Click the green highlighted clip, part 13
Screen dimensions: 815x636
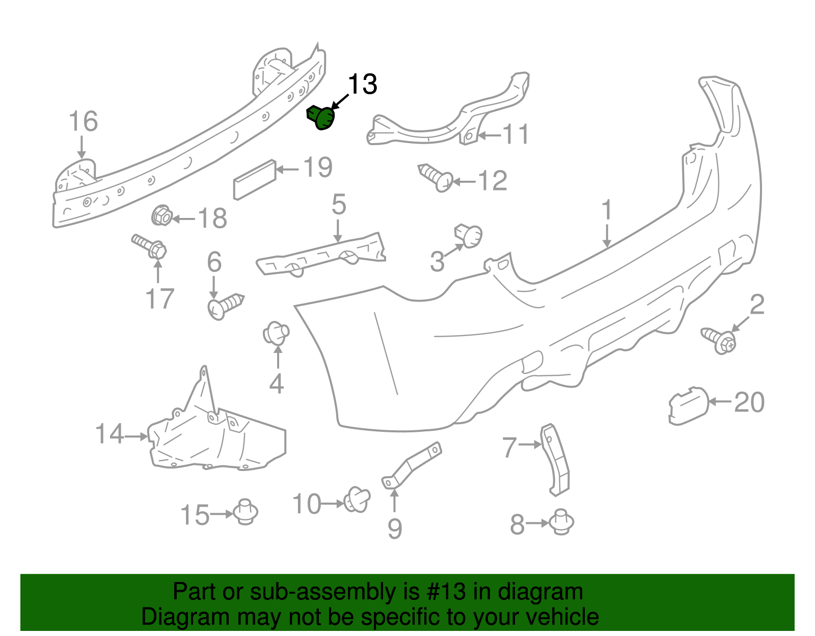(321, 118)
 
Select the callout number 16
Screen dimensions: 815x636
(83, 121)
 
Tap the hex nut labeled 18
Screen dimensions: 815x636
(161, 215)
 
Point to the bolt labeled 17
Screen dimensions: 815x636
(149, 246)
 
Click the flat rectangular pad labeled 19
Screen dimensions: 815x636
(255, 180)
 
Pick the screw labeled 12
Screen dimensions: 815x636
(436, 178)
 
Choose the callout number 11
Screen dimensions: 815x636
(515, 134)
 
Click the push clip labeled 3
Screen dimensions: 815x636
(468, 235)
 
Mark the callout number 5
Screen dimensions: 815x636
(339, 204)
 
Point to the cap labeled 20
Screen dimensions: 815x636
(689, 405)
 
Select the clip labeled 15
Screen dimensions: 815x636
(246, 512)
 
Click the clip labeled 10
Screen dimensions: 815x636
(357, 499)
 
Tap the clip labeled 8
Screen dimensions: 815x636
(561, 521)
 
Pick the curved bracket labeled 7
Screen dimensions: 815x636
(556, 460)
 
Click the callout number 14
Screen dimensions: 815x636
(110, 434)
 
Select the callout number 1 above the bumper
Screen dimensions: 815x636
(607, 210)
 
